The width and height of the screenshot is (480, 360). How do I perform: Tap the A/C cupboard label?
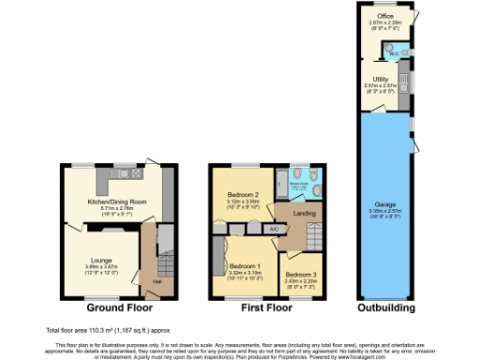[x=273, y=228]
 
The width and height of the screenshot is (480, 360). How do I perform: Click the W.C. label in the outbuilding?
[x=393, y=53]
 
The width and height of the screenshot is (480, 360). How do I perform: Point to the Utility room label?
[x=381, y=79]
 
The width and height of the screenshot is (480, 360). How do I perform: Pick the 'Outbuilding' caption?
[x=385, y=307]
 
